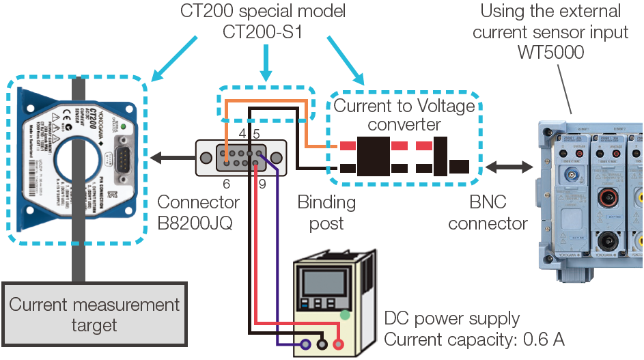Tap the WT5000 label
(x=550, y=52)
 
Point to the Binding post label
(x=326, y=212)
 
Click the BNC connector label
(x=488, y=212)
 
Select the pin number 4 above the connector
(x=242, y=134)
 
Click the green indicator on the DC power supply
(x=346, y=315)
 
